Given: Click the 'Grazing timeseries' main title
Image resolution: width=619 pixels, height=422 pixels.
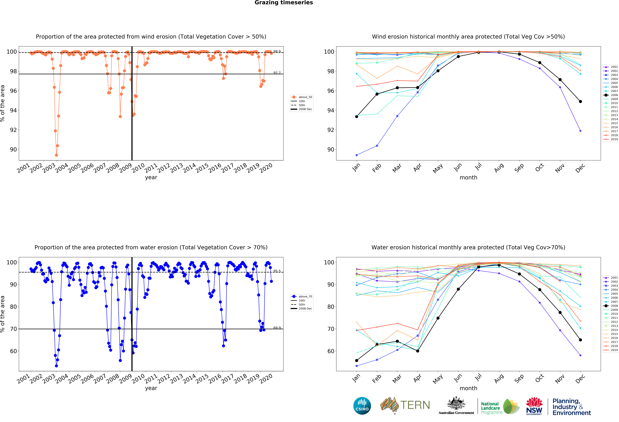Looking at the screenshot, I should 284,3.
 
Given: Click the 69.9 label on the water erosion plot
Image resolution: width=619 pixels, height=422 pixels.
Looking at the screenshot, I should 277,328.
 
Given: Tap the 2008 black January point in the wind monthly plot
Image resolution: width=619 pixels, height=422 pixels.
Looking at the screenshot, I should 357,116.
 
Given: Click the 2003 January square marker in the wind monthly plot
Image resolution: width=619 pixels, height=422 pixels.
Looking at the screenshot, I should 357,155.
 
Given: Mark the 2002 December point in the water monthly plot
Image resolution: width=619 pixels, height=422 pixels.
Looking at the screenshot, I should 580,355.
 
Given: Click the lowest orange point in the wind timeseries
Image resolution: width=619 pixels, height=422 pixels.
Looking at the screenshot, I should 56,155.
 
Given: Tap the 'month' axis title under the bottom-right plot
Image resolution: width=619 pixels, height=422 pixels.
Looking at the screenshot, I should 468,388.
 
